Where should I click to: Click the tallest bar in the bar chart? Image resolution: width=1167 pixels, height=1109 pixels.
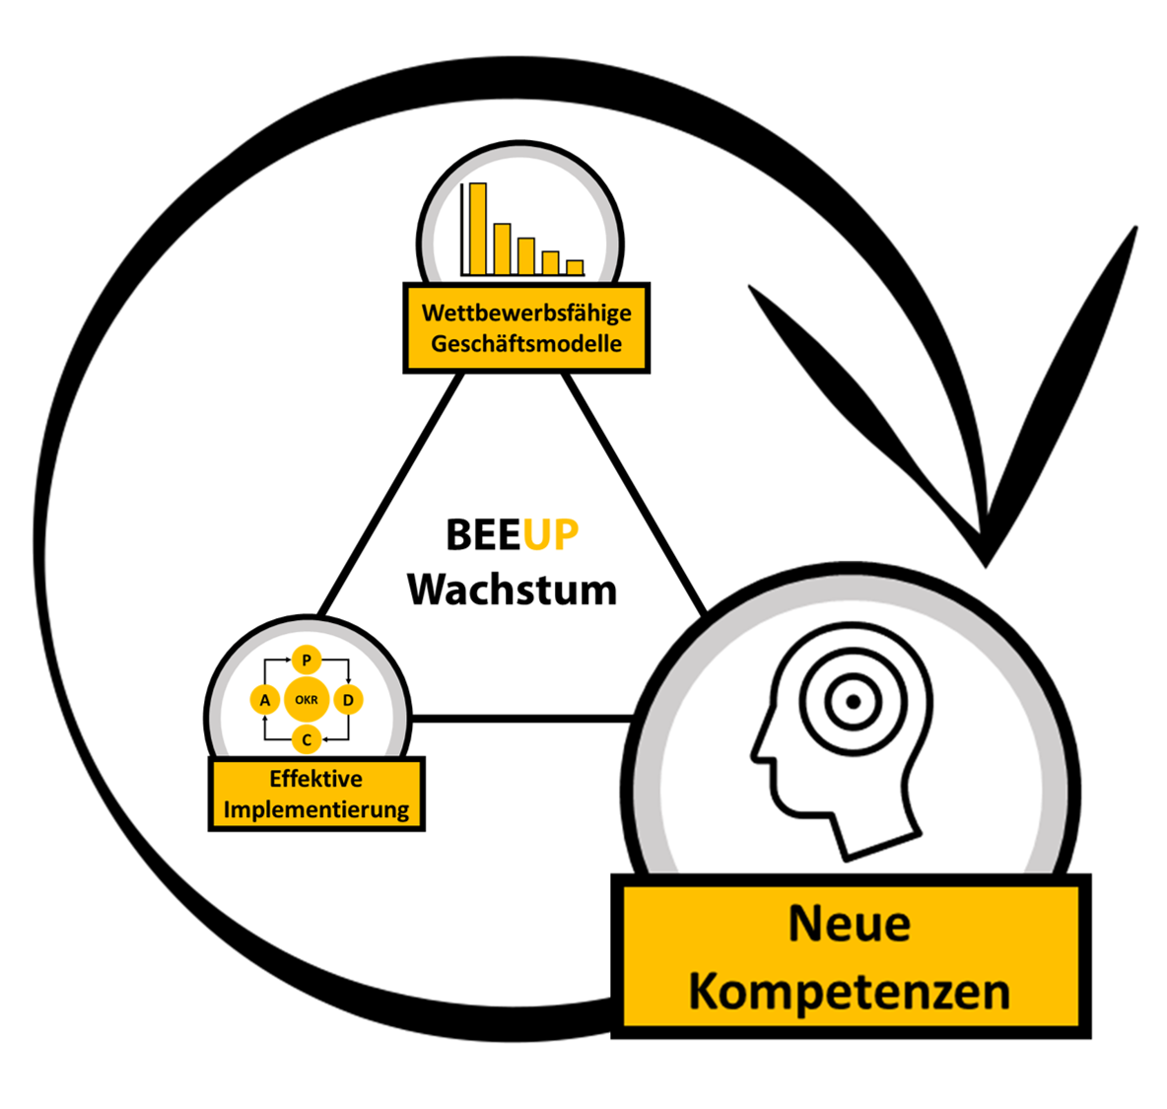(478, 230)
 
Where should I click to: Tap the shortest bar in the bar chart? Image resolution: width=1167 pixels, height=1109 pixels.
(575, 268)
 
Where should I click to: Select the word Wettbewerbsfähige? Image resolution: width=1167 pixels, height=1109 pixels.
(526, 313)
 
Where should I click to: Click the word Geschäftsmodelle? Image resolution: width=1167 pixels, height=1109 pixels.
(526, 344)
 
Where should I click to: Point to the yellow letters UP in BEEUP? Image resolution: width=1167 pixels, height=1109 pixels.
(550, 534)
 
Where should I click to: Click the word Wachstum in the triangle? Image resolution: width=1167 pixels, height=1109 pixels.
(513, 590)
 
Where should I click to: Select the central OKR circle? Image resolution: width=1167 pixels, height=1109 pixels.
(307, 700)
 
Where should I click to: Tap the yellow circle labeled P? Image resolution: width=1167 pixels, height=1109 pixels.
(307, 660)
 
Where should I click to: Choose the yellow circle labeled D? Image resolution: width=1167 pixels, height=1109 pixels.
(348, 700)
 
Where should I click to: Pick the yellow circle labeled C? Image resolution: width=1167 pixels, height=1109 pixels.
(307, 740)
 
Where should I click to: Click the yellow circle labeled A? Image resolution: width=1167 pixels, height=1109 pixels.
(265, 700)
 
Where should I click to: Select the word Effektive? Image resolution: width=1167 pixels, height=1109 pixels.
(316, 779)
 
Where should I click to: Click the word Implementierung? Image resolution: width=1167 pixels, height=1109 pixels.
(316, 809)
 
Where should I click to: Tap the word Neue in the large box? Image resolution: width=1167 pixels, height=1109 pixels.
(850, 924)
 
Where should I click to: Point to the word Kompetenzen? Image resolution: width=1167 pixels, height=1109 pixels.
(850, 992)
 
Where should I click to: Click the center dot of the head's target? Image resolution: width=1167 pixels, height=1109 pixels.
(854, 701)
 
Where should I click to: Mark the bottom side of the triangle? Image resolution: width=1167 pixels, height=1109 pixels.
(521, 719)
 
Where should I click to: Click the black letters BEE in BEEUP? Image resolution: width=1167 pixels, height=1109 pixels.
(484, 534)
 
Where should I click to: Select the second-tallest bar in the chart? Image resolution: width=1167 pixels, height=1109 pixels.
(503, 249)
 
